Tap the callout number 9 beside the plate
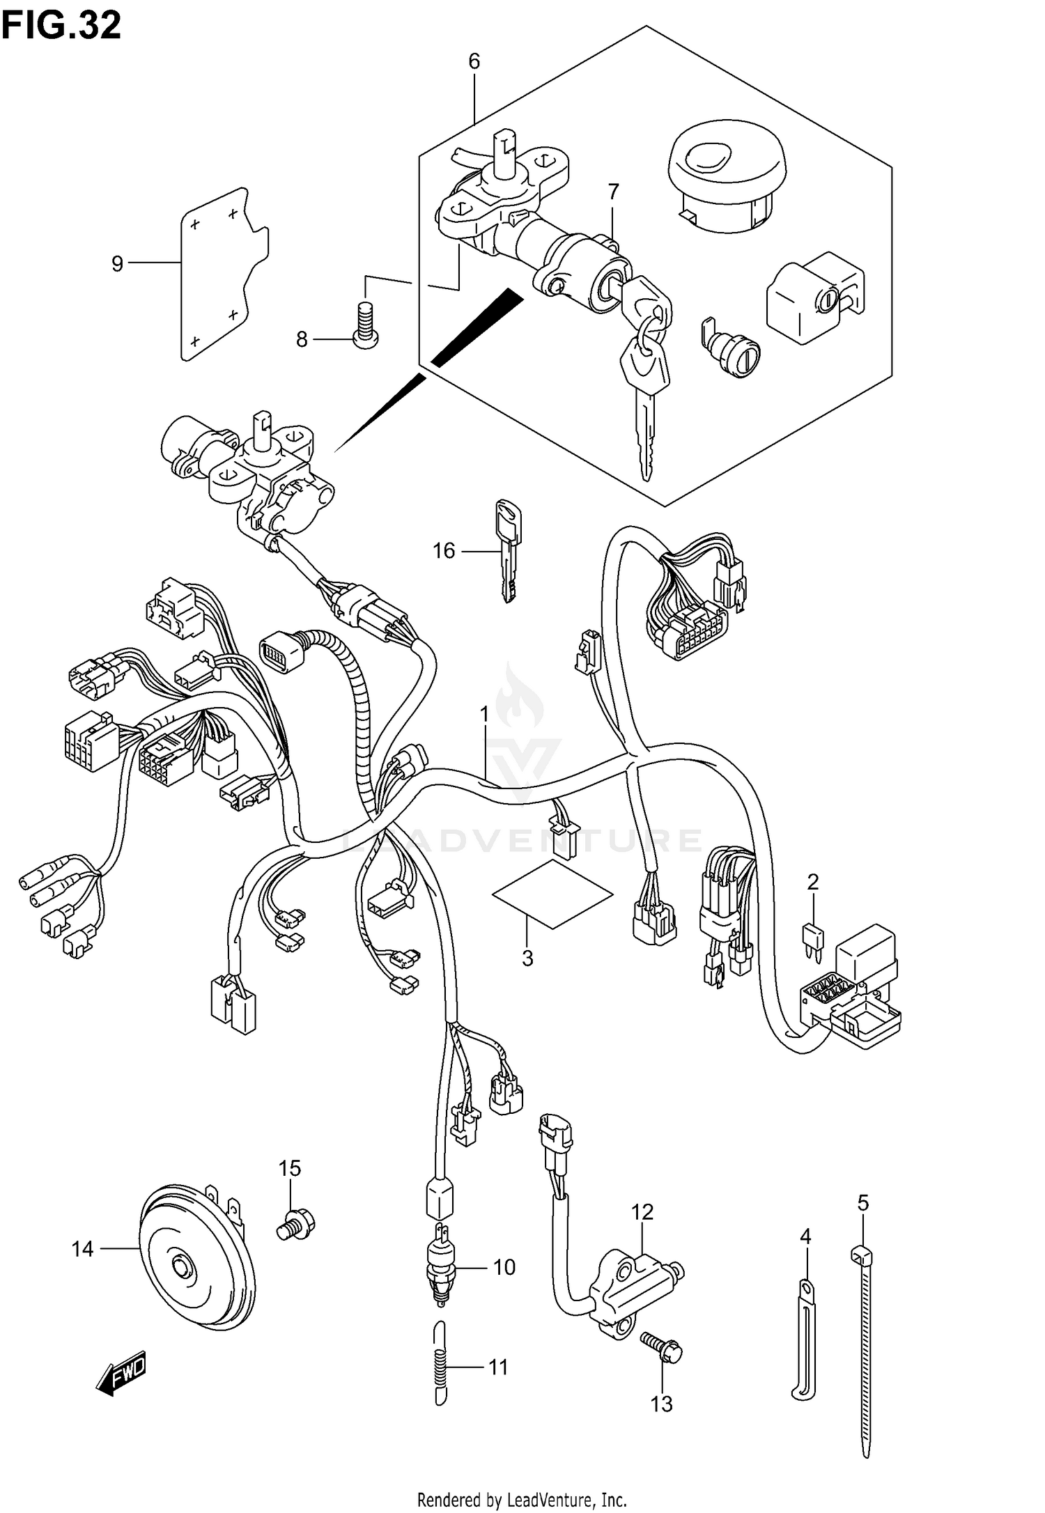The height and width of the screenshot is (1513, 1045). pyautogui.click(x=118, y=263)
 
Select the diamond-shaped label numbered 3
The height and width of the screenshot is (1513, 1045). pyautogui.click(x=553, y=894)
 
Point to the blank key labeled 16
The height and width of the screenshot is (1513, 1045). pyautogui.click(x=509, y=550)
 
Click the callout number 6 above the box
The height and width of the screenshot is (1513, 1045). pyautogui.click(x=474, y=61)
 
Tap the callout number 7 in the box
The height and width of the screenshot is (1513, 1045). pyautogui.click(x=613, y=191)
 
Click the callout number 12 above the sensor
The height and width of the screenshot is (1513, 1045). pyautogui.click(x=642, y=1212)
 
